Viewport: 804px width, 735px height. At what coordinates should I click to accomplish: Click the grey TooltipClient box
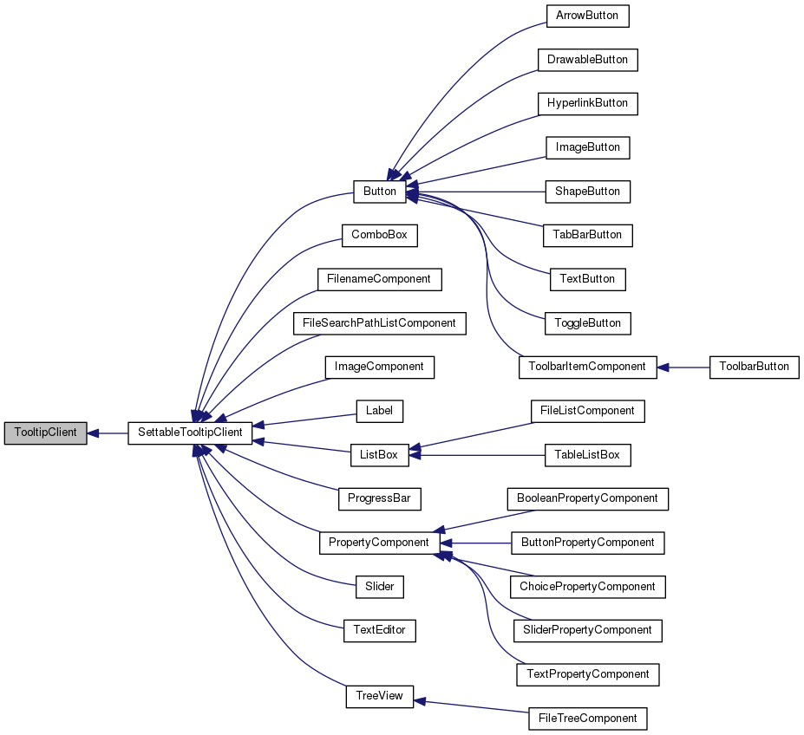pyautogui.click(x=45, y=432)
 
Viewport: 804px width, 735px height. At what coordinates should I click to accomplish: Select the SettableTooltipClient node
pyautogui.click(x=190, y=432)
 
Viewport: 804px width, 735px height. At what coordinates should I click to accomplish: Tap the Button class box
pyautogui.click(x=379, y=192)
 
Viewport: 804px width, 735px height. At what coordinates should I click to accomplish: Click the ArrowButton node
pyautogui.click(x=587, y=16)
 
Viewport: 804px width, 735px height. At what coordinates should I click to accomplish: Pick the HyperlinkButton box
pyautogui.click(x=587, y=103)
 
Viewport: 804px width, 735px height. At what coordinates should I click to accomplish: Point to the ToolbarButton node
pyautogui.click(x=753, y=367)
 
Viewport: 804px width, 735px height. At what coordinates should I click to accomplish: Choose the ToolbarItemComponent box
pyautogui.click(x=587, y=367)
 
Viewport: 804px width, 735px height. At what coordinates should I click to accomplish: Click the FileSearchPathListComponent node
pyautogui.click(x=379, y=322)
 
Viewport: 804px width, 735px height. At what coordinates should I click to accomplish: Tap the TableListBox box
pyautogui.click(x=587, y=454)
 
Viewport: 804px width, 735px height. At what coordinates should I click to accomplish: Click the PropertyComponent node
pyautogui.click(x=379, y=543)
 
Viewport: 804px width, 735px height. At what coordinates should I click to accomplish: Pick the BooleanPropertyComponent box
pyautogui.click(x=587, y=498)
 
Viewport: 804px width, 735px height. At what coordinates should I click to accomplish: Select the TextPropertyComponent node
pyautogui.click(x=587, y=673)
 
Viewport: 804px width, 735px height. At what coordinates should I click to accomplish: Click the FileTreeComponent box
pyautogui.click(x=587, y=718)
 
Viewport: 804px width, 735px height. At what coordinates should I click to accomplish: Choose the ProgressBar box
pyautogui.click(x=379, y=498)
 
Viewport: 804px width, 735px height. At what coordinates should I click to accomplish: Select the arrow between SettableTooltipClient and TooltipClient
pyautogui.click(x=108, y=432)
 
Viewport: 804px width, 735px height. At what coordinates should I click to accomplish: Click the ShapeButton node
pyautogui.click(x=587, y=192)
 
